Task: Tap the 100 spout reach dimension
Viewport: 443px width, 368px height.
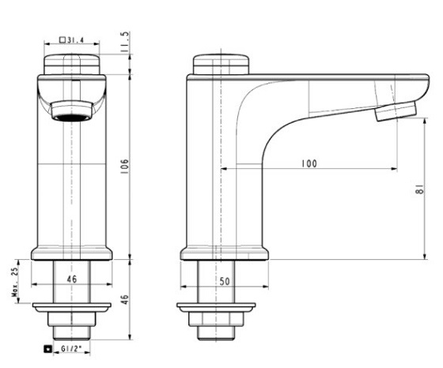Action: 309,163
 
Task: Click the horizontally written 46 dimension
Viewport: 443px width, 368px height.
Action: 71,280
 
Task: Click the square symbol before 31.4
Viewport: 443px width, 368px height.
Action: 62,39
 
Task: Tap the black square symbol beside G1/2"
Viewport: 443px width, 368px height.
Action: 49,348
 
